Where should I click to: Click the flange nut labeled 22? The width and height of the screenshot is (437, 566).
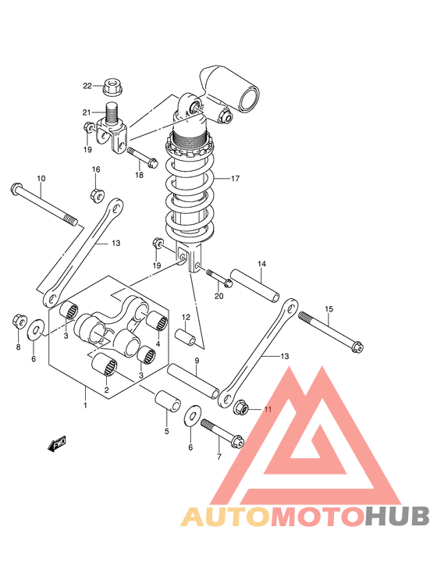coord(112,87)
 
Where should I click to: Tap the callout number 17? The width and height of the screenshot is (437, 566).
coord(235,178)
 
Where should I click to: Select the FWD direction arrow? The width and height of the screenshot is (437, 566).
coord(57,443)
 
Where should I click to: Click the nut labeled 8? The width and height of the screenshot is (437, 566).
coord(19,321)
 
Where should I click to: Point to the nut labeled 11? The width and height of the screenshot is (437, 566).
coord(241,408)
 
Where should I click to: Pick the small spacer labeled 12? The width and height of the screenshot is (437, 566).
coord(186,336)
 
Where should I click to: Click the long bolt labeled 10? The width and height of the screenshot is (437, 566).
coord(44,205)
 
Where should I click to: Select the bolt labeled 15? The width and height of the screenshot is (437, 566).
coord(331,332)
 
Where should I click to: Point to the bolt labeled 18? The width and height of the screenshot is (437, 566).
coord(142,158)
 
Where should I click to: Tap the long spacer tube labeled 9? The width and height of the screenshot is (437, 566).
coord(193,381)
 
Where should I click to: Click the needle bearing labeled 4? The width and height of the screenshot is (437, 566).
coord(157,320)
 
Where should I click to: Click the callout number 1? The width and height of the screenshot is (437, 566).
coord(85,405)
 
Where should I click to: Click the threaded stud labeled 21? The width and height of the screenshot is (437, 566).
coord(112,114)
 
